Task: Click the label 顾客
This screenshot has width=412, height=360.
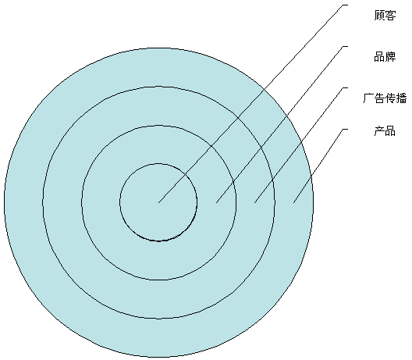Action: tap(385, 16)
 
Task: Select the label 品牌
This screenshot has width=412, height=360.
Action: tap(385, 57)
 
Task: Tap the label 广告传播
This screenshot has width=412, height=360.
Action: tap(385, 98)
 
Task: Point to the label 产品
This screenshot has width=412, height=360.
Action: tap(385, 130)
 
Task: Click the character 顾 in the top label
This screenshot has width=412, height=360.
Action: tap(379, 16)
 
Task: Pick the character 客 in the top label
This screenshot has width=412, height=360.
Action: tap(390, 16)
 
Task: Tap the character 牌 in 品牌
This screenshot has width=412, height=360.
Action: tap(390, 57)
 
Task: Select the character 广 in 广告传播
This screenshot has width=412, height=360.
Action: tap(368, 98)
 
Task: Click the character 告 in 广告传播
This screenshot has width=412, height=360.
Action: tap(379, 98)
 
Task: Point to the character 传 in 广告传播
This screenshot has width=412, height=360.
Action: tap(390, 98)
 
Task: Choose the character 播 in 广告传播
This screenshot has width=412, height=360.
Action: tap(402, 98)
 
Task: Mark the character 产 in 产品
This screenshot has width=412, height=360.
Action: tap(379, 130)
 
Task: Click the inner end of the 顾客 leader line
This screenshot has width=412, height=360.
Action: tap(158, 202)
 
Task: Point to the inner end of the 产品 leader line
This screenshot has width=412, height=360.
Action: tap(293, 203)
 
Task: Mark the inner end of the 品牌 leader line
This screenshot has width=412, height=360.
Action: tap(216, 203)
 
